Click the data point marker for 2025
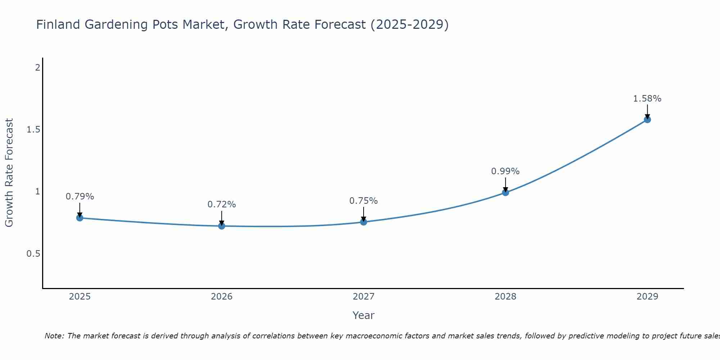pyautogui.click(x=80, y=218)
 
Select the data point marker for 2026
pyautogui.click(x=222, y=226)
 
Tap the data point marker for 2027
pyautogui.click(x=364, y=222)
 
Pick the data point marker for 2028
pyautogui.click(x=505, y=193)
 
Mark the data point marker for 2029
pyautogui.click(x=647, y=120)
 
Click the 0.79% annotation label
pyautogui.click(x=80, y=197)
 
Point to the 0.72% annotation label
pyautogui.click(x=222, y=204)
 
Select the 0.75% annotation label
pyautogui.click(x=364, y=201)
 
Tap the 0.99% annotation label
pyautogui.click(x=505, y=171)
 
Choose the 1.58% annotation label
pyautogui.click(x=647, y=99)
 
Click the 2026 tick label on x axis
pyautogui.click(x=222, y=297)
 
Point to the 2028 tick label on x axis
pyautogui.click(x=505, y=297)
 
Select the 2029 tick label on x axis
pyautogui.click(x=647, y=297)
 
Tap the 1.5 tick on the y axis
pyautogui.click(x=33, y=130)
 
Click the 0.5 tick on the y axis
pyautogui.click(x=33, y=254)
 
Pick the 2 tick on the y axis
pyautogui.click(x=37, y=67)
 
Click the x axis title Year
pyautogui.click(x=364, y=315)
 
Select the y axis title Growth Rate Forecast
pyautogui.click(x=9, y=173)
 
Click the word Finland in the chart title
pyautogui.click(x=58, y=24)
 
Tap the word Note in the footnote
pyautogui.click(x=54, y=336)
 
